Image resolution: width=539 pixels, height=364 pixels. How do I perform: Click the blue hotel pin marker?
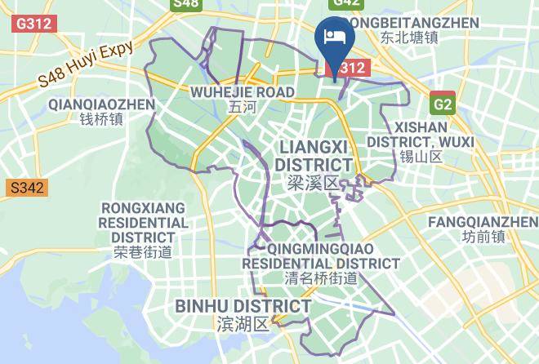[334, 38]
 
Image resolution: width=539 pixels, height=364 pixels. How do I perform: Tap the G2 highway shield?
[443, 104]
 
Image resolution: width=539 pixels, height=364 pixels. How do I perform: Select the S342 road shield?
[26, 189]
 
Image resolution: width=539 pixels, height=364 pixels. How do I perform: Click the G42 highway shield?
[345, 3]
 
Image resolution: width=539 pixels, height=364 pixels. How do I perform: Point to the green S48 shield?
[186, 4]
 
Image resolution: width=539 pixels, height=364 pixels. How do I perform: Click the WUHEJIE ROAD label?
[242, 92]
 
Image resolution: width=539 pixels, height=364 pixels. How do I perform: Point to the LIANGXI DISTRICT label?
[313, 155]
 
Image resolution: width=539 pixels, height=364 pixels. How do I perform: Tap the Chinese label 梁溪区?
[313, 183]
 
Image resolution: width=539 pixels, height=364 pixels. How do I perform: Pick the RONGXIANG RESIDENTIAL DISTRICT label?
[143, 222]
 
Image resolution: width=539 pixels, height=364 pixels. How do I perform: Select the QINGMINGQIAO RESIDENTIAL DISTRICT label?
[321, 255]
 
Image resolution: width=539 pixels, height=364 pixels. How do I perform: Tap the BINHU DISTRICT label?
[243, 306]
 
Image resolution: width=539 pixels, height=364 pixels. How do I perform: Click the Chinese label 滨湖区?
[243, 324]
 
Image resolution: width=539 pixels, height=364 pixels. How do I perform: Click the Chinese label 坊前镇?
[483, 237]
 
